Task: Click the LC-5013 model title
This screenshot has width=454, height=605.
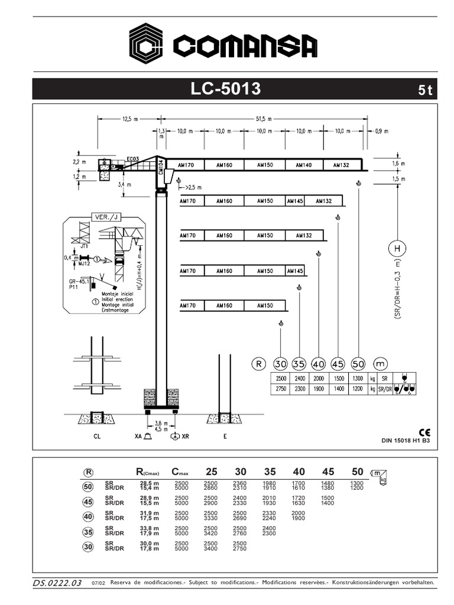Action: tap(225, 89)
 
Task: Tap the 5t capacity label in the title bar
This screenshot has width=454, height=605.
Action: tap(426, 90)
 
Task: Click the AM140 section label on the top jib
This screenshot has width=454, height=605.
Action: tap(303, 165)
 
